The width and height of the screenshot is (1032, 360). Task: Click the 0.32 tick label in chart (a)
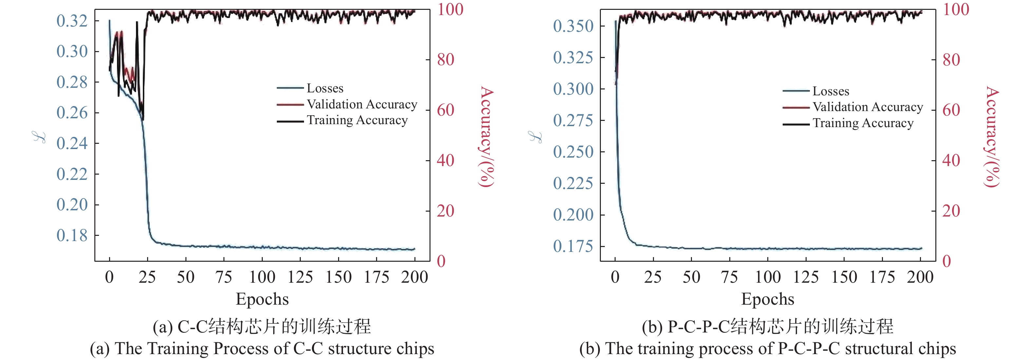tap(72, 21)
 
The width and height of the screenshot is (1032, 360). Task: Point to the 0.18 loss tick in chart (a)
tap(72, 236)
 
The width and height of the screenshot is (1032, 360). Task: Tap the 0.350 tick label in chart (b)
tap(573, 27)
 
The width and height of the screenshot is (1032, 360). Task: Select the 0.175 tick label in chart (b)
tap(573, 246)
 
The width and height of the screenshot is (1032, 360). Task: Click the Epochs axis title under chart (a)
tap(262, 299)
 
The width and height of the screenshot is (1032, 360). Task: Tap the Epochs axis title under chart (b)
tap(767, 299)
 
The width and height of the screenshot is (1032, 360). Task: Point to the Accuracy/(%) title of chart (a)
tap(487, 137)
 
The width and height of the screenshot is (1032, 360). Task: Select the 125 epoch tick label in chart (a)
tap(300, 277)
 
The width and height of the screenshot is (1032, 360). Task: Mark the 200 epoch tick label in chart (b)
tap(920, 277)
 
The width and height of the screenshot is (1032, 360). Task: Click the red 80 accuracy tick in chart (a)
tap(446, 60)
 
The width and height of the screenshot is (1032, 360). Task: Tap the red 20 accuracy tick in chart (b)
tap(951, 211)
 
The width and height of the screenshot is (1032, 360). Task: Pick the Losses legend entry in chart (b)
tap(831, 91)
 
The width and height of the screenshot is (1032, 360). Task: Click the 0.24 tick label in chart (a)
tap(72, 143)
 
